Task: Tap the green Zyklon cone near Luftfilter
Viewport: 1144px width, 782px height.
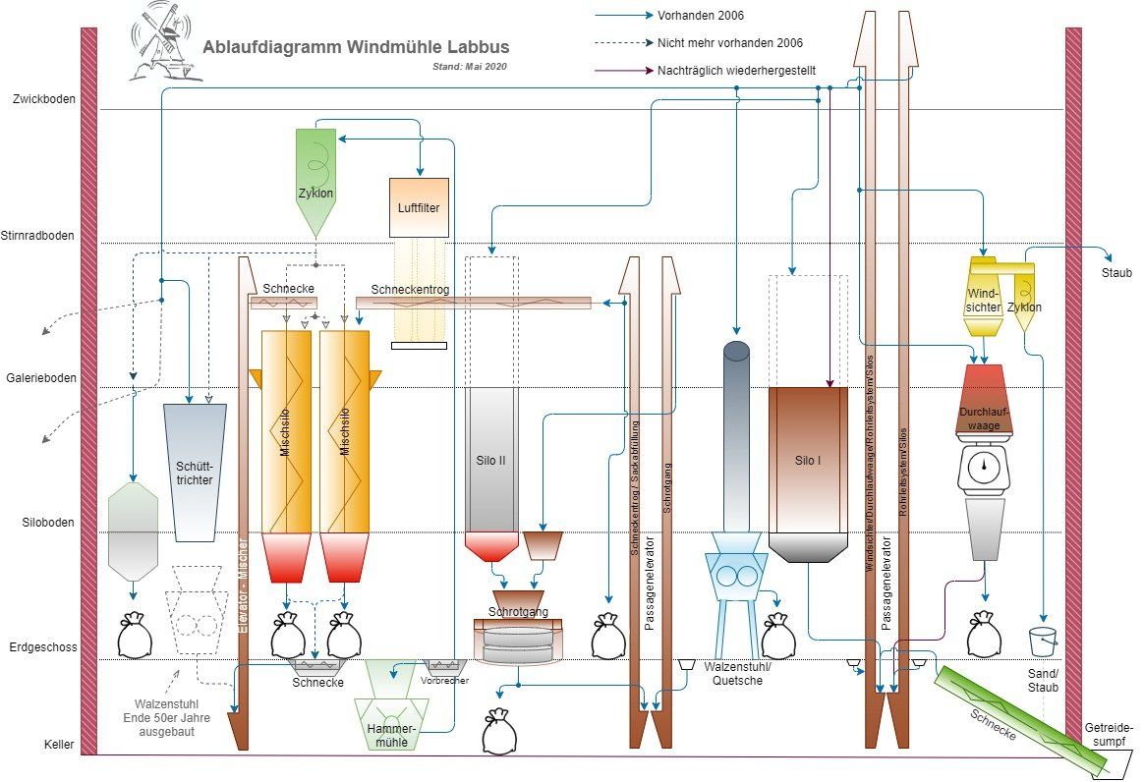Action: coord(315,182)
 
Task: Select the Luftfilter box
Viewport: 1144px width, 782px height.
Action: coord(419,207)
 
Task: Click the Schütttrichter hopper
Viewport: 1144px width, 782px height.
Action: coord(195,472)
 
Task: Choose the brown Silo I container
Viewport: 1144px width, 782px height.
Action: coord(808,462)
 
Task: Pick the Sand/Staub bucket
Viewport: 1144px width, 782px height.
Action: coord(1043,642)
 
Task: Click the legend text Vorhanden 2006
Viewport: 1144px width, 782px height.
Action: coord(702,16)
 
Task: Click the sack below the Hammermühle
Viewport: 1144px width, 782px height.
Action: coord(499,733)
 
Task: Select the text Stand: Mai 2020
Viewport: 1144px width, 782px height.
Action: coord(470,67)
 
